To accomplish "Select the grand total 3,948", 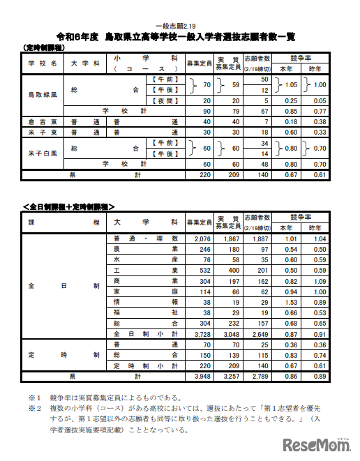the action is coord(199,376).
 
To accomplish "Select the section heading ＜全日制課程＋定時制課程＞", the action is coord(69,206).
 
